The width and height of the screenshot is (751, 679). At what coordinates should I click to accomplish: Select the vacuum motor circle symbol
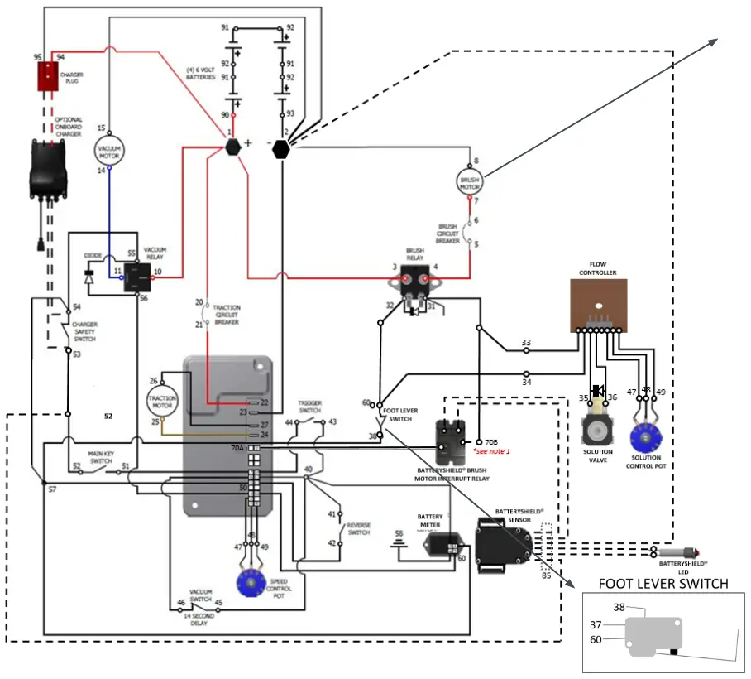109,150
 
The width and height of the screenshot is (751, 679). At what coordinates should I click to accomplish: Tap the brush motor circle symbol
470,181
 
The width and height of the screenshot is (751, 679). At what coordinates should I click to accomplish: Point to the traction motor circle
162,402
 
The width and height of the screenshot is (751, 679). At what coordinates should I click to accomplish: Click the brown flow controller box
598,304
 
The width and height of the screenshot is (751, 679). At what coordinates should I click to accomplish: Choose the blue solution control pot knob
645,435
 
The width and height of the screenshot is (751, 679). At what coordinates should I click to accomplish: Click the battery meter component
442,544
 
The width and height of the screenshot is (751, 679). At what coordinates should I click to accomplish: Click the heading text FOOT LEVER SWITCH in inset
663,584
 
